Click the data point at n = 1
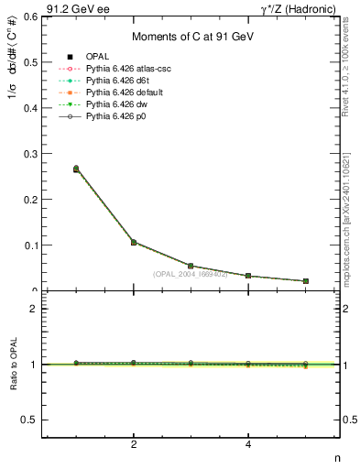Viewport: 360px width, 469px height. coord(76,169)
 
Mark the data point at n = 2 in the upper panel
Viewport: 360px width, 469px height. coord(134,242)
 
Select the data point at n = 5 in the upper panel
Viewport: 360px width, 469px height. coord(305,280)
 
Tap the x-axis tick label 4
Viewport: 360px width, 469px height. coord(248,444)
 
